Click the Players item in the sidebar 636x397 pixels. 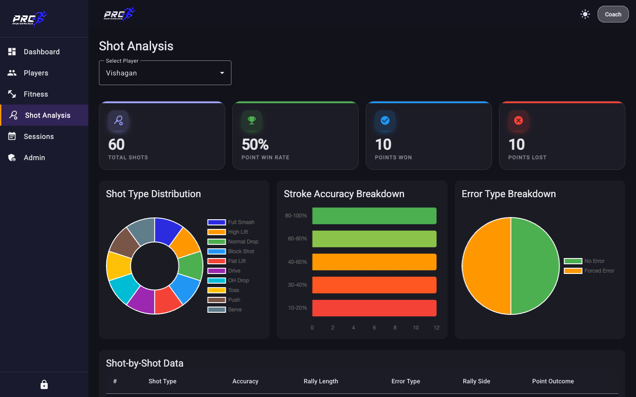(x=36, y=73)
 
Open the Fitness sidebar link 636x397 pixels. (x=36, y=94)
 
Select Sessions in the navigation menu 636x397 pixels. (x=38, y=136)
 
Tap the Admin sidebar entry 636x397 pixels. (x=34, y=157)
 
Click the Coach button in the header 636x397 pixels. (x=613, y=14)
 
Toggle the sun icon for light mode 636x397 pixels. (x=585, y=14)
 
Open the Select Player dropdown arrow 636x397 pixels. (x=222, y=73)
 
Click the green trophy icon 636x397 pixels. (x=252, y=120)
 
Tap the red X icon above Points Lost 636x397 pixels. (x=519, y=120)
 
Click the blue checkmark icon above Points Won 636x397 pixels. (x=385, y=120)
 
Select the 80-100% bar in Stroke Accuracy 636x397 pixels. (x=374, y=216)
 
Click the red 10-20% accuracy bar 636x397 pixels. (x=374, y=308)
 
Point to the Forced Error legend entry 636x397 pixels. (x=589, y=271)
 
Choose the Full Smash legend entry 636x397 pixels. (x=231, y=222)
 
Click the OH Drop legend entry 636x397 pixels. (x=228, y=281)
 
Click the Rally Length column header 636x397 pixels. (x=321, y=381)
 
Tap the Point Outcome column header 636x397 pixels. (x=553, y=381)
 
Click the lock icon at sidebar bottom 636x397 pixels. (x=44, y=385)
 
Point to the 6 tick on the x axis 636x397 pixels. (x=374, y=327)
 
